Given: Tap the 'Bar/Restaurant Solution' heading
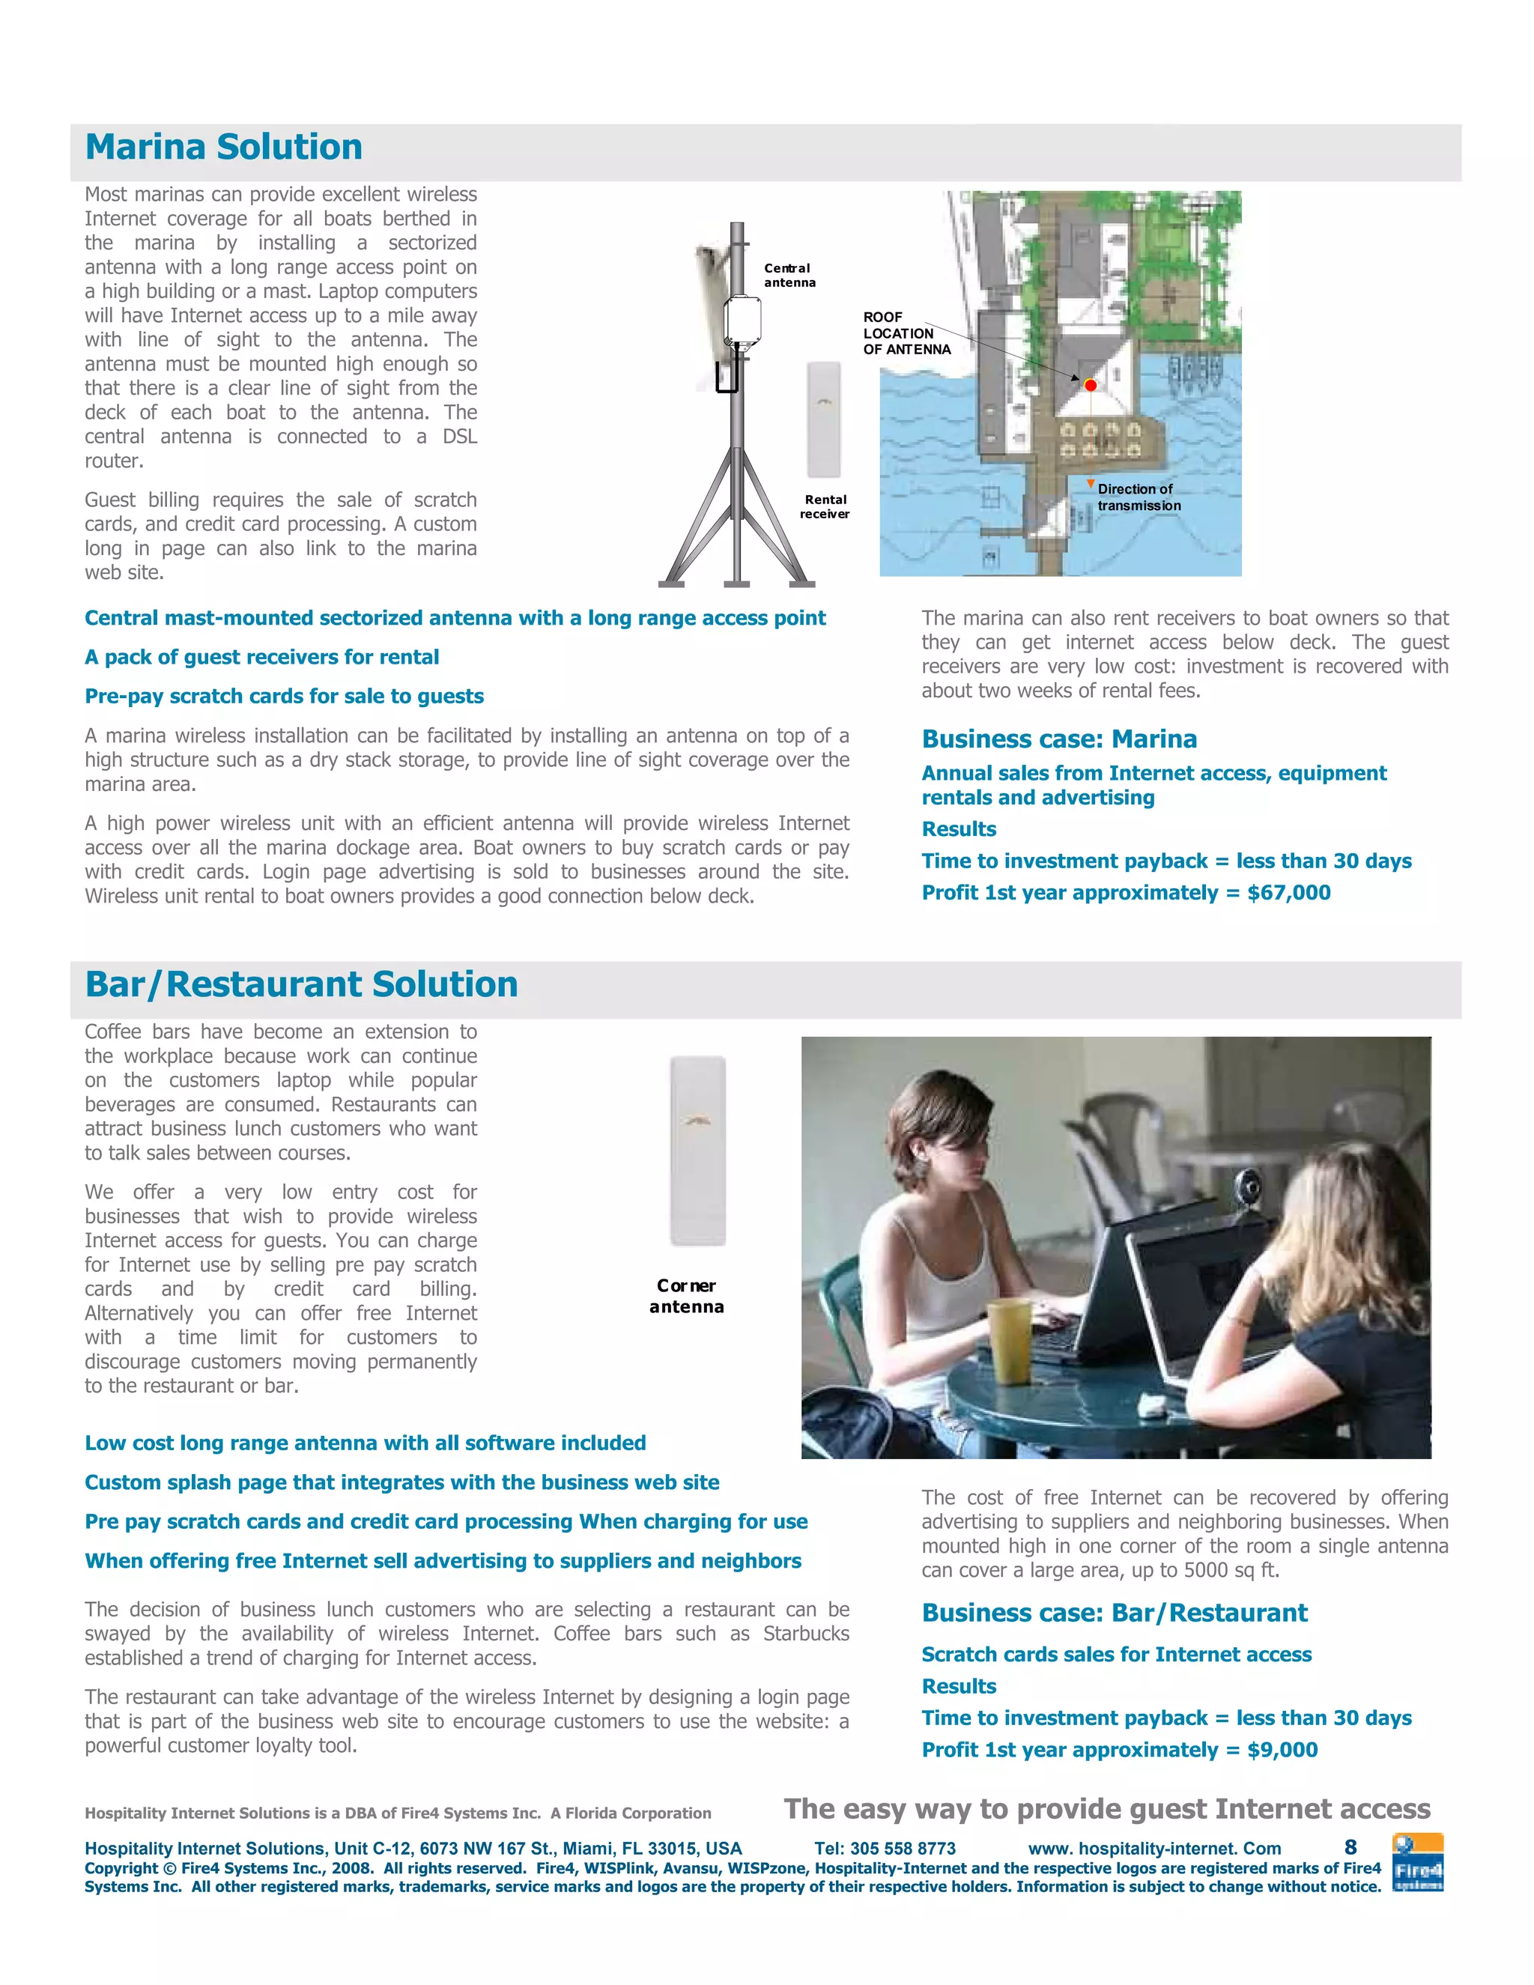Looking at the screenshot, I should [301, 984].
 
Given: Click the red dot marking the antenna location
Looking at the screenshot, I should [1091, 385].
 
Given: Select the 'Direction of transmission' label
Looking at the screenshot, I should [1138, 497].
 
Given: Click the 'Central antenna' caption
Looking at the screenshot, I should [789, 276].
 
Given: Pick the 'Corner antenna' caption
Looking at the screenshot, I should [686, 1296].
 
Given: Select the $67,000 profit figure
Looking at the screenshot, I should [1288, 893].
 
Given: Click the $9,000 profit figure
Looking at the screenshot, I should [1282, 1750].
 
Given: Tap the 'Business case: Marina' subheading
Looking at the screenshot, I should [1058, 739].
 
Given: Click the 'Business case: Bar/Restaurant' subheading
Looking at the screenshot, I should [1114, 1613].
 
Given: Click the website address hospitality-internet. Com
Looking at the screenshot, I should [1154, 1849].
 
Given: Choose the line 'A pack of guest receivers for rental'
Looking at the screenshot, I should [261, 657].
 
